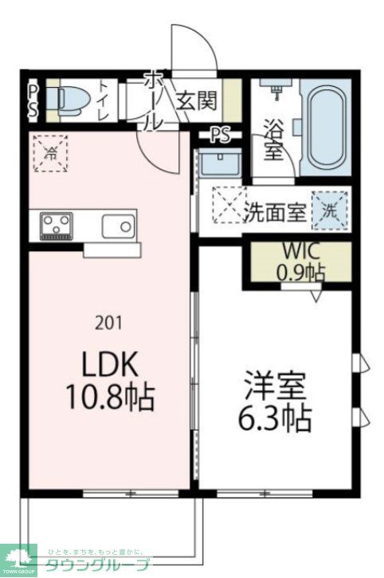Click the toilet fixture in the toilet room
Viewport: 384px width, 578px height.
[63, 100]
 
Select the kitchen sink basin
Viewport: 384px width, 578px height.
[120, 226]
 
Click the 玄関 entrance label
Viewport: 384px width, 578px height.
[196, 101]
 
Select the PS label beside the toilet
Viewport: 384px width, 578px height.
[33, 101]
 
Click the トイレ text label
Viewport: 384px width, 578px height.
[104, 101]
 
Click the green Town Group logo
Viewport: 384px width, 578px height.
[18, 559]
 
